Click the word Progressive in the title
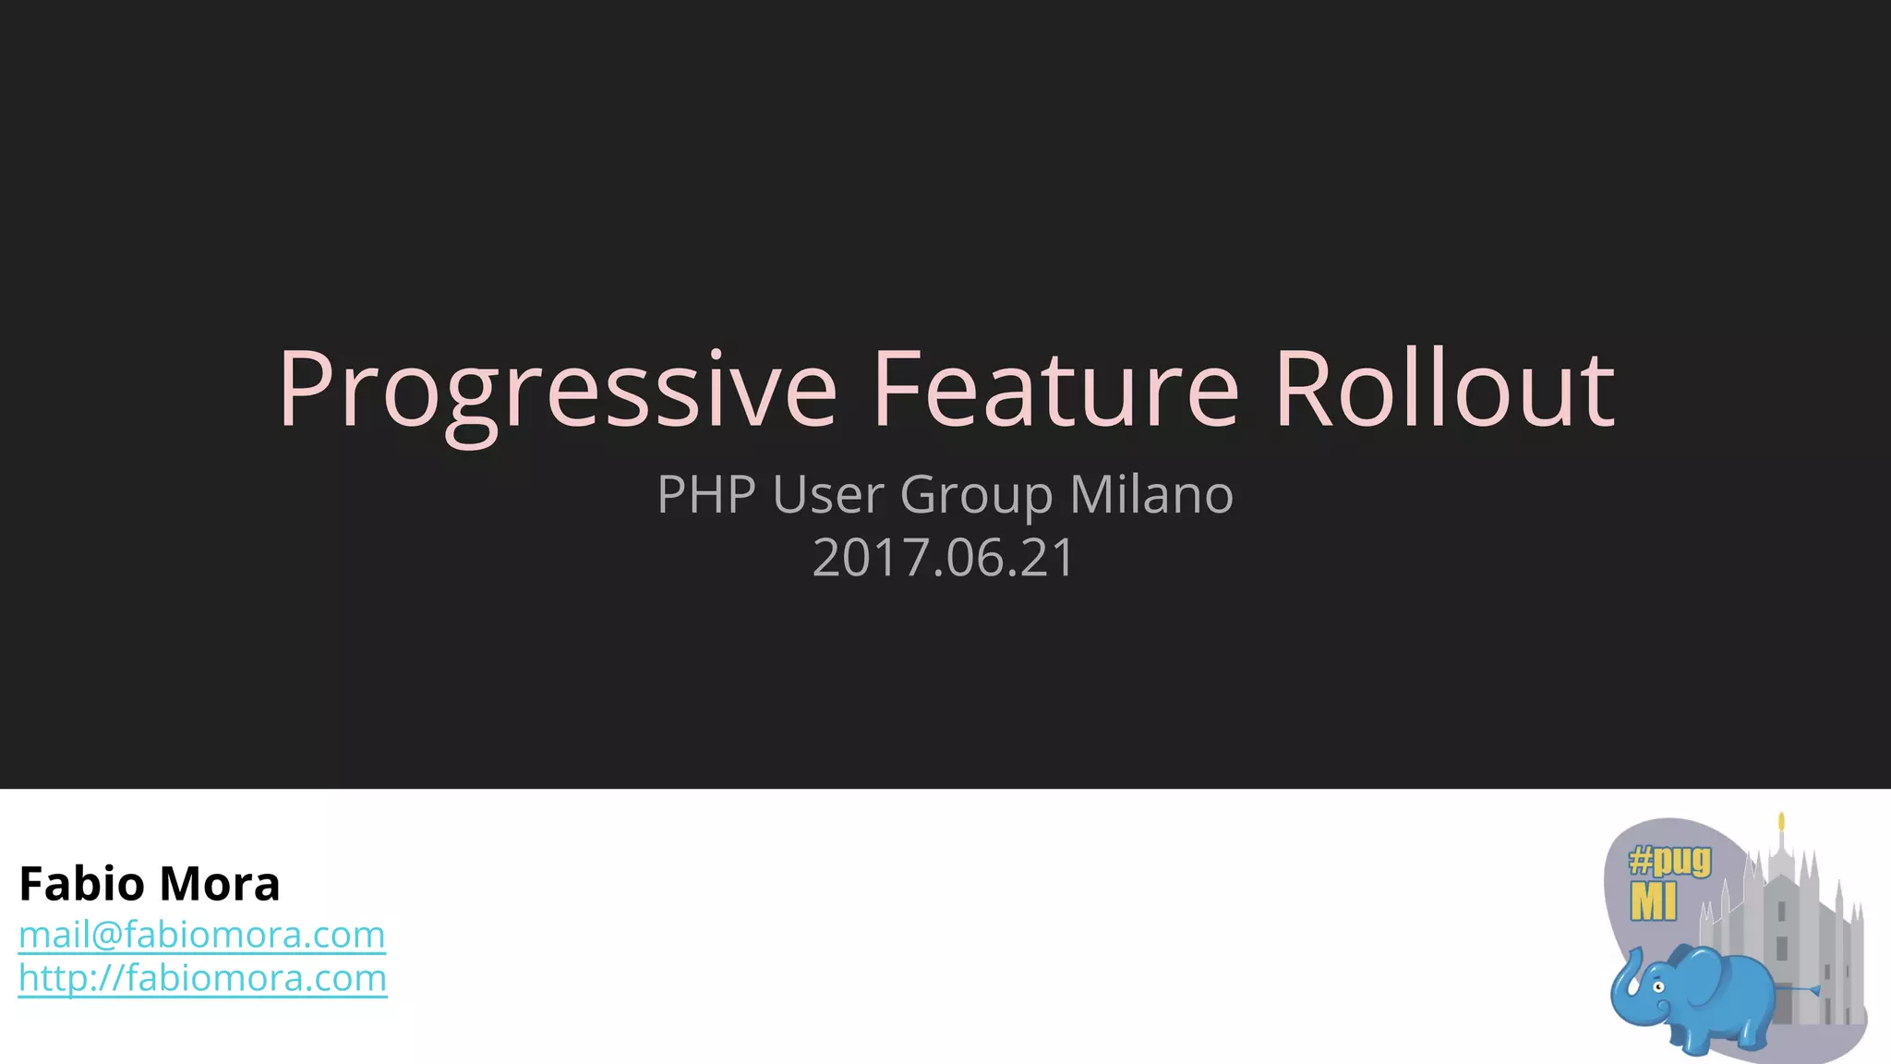point(558,390)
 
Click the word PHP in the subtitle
point(706,494)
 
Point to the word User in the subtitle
point(828,494)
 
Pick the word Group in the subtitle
point(976,496)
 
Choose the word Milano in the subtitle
point(1150,494)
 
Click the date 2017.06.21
point(944,558)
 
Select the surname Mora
point(219,884)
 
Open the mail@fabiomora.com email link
point(201,935)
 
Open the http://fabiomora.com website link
point(202,978)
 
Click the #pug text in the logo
point(1669,862)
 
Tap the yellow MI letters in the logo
point(1653,901)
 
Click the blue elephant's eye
point(1658,986)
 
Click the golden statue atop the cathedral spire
point(1781,822)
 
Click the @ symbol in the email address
point(107,936)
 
